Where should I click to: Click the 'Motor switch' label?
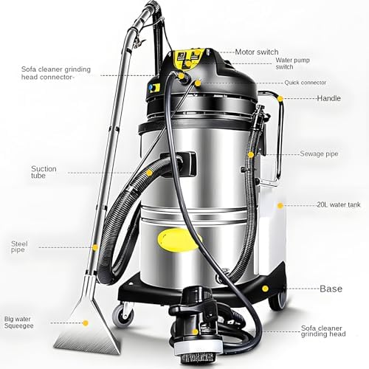pos(257,52)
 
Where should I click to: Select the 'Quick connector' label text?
pos(303,83)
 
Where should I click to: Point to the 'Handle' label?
pos(328,98)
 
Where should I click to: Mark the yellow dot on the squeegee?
pos(86,323)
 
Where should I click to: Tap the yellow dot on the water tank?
pos(279,204)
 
